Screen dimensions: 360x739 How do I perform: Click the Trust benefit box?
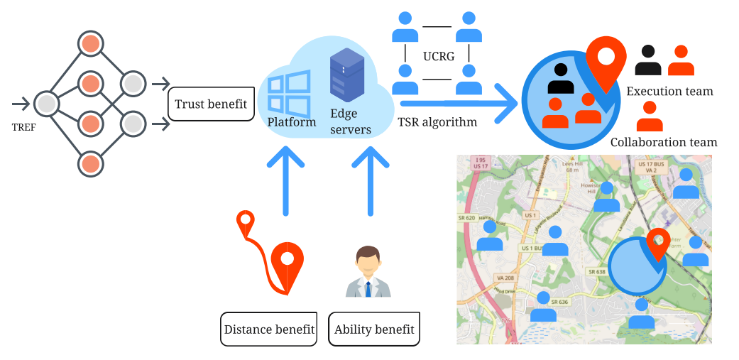click(210, 104)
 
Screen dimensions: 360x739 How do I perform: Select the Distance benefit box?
click(269, 329)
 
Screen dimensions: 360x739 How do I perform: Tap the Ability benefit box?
click(374, 329)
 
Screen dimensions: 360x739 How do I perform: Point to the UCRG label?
click(438, 56)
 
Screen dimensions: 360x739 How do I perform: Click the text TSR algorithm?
click(437, 122)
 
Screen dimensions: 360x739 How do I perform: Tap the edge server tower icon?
click(346, 76)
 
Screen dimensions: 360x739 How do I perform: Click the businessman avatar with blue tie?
click(368, 272)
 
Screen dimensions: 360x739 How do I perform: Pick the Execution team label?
click(669, 92)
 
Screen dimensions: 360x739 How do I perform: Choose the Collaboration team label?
click(664, 142)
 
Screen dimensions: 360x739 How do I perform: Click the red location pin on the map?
click(658, 244)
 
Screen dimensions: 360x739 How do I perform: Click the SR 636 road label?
click(559, 302)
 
